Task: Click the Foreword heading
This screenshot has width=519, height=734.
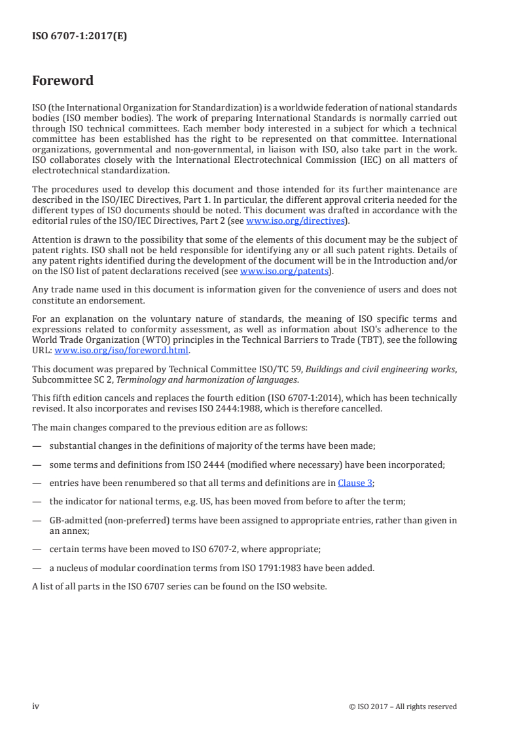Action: pyautogui.click(x=63, y=81)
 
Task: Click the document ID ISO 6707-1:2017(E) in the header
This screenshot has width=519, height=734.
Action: pyautogui.click(x=80, y=37)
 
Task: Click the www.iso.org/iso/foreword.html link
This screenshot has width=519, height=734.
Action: pyautogui.click(x=121, y=350)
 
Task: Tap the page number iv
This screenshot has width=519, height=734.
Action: pyautogui.click(x=37, y=706)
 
